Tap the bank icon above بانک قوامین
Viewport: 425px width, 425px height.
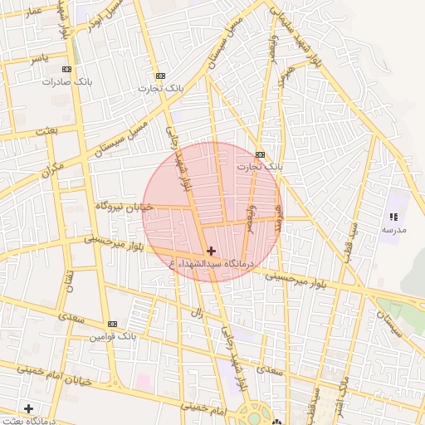(x=112, y=324)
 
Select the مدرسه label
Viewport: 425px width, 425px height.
(x=393, y=229)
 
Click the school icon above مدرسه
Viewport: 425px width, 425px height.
(x=393, y=217)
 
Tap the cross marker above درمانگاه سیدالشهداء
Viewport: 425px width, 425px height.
(x=211, y=251)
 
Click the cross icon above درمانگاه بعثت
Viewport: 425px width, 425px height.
(x=29, y=408)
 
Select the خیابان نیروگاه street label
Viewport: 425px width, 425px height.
(x=125, y=206)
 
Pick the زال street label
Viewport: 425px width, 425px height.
(x=197, y=313)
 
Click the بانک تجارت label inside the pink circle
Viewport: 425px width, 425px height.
(x=259, y=167)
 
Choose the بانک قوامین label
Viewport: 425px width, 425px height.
(x=112, y=337)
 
